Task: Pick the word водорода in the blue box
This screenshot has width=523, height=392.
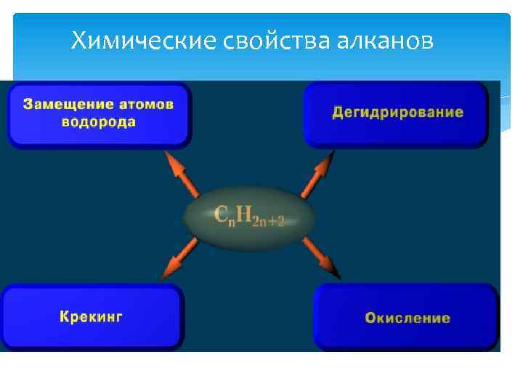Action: point(99,121)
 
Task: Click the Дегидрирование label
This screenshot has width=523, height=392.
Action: point(398,113)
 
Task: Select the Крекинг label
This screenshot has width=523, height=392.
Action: point(92,317)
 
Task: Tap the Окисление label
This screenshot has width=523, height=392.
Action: point(408,318)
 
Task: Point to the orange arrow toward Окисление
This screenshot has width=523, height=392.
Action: point(321,258)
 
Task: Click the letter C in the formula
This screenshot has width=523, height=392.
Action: point(222,213)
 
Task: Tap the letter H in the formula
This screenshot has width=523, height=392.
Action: point(247,213)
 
